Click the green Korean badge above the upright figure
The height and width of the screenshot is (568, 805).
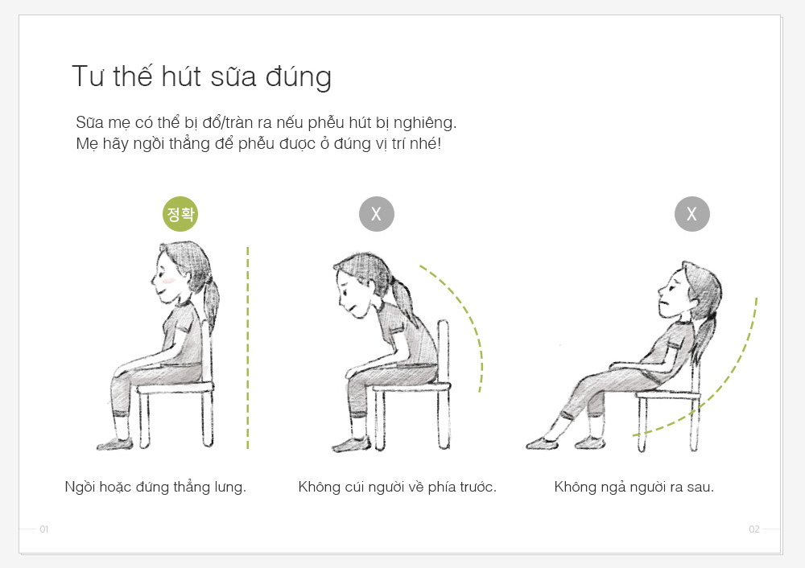pyautogui.click(x=180, y=214)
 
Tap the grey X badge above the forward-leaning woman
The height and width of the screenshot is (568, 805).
pyautogui.click(x=376, y=214)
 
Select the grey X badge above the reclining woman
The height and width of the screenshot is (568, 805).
pyautogui.click(x=692, y=214)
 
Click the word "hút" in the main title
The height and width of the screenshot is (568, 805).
pyautogui.click(x=180, y=76)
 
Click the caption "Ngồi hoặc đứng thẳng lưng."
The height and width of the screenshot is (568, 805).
pyautogui.click(x=155, y=487)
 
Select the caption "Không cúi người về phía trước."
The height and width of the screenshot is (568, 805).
pyautogui.click(x=398, y=487)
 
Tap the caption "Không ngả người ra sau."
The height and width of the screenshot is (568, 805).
pyautogui.click(x=634, y=487)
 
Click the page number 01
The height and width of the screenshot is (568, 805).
pyautogui.click(x=44, y=529)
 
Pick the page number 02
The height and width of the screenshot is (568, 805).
pyautogui.click(x=754, y=529)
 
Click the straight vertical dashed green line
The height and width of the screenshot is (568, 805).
pyautogui.click(x=247, y=348)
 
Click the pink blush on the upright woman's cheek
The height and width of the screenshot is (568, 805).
pyautogui.click(x=168, y=281)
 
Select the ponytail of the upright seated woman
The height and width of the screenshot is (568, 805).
pyautogui.click(x=210, y=303)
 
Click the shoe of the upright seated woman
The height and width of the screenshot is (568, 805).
pyautogui.click(x=114, y=444)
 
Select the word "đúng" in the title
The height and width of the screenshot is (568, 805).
pyautogui.click(x=298, y=77)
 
